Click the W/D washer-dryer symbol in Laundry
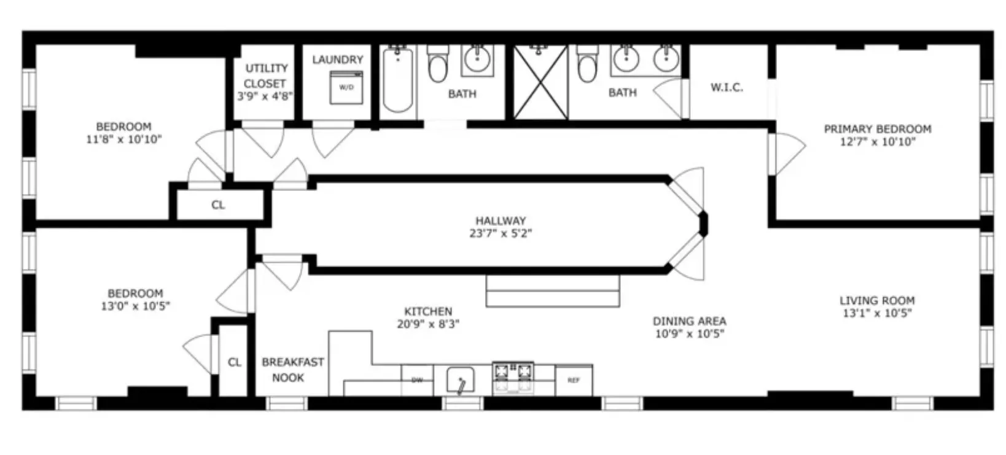tap(346, 87)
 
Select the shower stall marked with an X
tap(540, 82)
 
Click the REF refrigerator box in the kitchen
tap(574, 380)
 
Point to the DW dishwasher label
tap(417, 380)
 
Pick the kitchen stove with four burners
tap(513, 377)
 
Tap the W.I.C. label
tap(727, 87)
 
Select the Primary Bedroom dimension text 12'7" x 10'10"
tap(878, 142)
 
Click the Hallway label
tap(501, 220)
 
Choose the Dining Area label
tap(689, 321)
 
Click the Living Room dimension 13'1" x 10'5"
tap(877, 313)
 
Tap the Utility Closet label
tap(266, 76)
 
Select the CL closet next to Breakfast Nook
tap(234, 362)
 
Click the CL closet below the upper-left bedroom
tap(218, 205)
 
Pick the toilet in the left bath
tap(437, 64)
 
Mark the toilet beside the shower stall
tap(587, 64)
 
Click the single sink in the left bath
tap(477, 60)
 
